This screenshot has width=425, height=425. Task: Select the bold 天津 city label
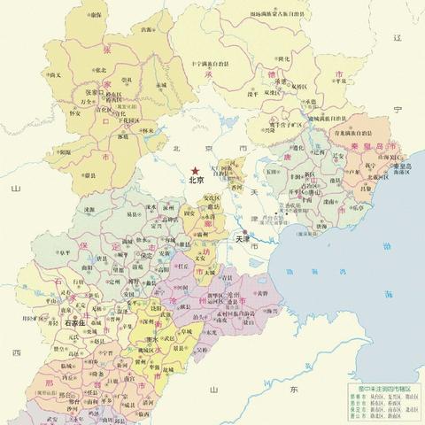click(x=243, y=239)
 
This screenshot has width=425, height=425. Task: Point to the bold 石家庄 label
click(x=81, y=324)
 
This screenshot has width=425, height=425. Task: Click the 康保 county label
click(x=96, y=15)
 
